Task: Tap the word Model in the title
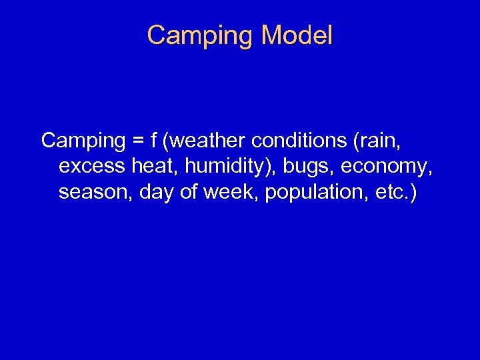[x=297, y=35]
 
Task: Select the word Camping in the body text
[x=83, y=141]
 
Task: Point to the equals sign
[x=137, y=141]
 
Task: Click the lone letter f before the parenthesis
[x=153, y=141]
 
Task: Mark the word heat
[x=150, y=167]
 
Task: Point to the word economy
[x=387, y=167]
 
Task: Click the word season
[x=95, y=193]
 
